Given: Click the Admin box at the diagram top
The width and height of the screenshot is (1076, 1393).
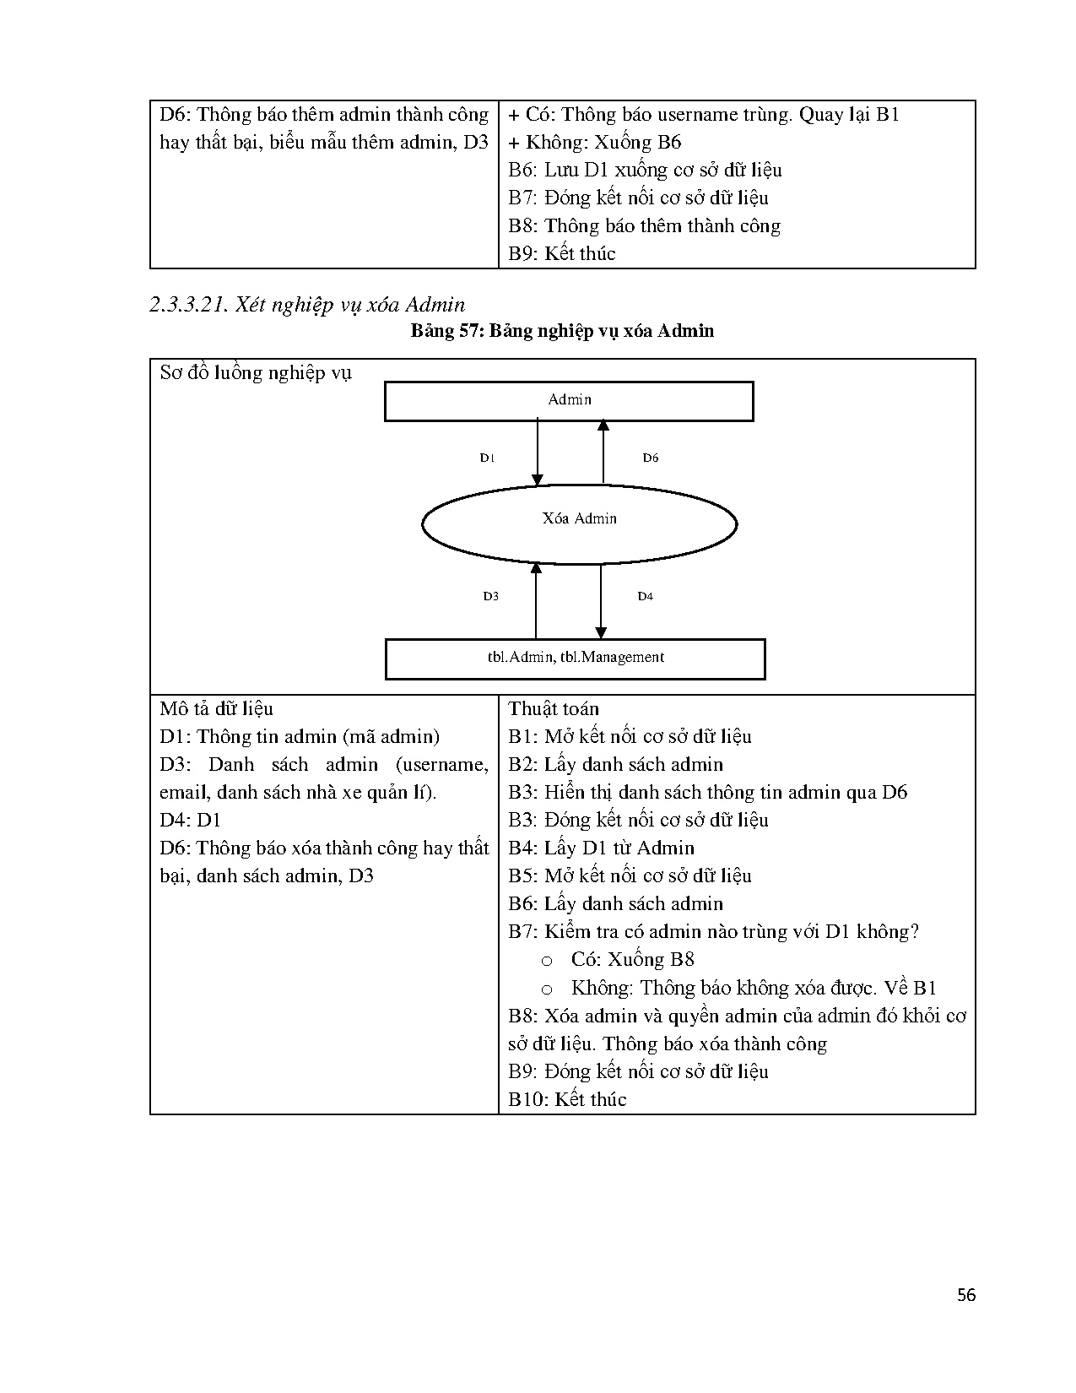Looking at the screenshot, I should [x=569, y=401].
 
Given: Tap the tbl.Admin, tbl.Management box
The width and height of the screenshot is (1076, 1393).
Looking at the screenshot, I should [x=575, y=659].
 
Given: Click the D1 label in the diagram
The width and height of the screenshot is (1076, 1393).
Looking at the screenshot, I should [x=487, y=458].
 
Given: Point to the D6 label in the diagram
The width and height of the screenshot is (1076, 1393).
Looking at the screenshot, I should [x=650, y=458].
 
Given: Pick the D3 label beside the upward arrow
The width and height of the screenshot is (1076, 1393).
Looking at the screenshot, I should [x=490, y=596].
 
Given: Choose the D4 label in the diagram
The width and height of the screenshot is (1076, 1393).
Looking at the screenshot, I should [x=645, y=596].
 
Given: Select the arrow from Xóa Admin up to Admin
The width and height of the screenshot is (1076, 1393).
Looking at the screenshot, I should [x=603, y=452].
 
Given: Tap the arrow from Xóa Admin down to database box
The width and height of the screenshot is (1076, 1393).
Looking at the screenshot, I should [x=601, y=601].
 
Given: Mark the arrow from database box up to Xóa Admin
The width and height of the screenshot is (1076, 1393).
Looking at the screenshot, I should [x=536, y=601].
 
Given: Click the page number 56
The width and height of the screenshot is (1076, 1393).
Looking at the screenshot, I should [x=966, y=1295].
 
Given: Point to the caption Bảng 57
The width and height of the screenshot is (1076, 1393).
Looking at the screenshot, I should [x=562, y=331].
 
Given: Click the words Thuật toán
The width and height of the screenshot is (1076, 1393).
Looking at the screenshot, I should [x=554, y=708].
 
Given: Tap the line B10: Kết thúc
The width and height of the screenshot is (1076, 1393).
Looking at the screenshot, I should [x=567, y=1099].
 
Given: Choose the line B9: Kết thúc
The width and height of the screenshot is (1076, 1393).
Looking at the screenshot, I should [x=562, y=253].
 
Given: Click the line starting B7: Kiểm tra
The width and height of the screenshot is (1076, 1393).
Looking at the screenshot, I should [x=713, y=931].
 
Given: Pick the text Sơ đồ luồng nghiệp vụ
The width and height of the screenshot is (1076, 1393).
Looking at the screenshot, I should [x=256, y=372].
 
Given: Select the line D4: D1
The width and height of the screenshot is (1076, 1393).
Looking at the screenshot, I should [x=190, y=820].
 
